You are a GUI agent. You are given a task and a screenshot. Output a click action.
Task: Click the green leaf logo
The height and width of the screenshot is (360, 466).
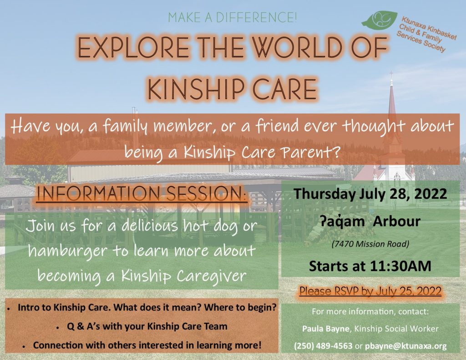(380, 19)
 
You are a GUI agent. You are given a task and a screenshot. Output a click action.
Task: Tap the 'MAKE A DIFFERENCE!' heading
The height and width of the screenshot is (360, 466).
(233, 18)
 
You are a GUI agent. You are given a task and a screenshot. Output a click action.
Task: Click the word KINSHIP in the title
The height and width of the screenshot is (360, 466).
(197, 89)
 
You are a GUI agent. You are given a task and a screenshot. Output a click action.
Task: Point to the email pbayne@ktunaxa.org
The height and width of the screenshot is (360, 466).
(405, 346)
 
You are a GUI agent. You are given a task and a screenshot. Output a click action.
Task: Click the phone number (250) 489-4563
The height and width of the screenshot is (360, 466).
(323, 346)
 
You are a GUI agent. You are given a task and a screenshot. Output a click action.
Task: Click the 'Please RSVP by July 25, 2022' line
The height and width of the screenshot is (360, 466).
(370, 291)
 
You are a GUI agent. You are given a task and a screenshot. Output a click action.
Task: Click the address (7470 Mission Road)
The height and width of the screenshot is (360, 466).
(370, 244)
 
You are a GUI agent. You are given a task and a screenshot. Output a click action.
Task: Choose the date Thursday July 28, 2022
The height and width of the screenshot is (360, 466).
(370, 194)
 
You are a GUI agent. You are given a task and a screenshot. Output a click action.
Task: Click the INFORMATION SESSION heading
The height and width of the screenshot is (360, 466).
(142, 193)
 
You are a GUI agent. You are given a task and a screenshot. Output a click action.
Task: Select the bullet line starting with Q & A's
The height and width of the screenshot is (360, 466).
(147, 326)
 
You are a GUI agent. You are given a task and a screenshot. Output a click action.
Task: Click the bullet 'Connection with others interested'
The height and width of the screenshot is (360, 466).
(147, 345)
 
